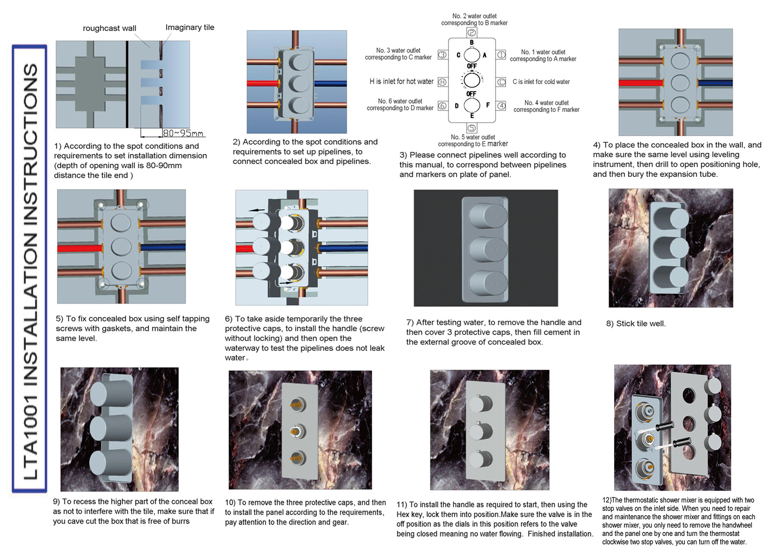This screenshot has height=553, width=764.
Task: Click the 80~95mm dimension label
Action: click(x=183, y=133)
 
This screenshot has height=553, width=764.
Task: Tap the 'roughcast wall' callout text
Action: click(x=110, y=28)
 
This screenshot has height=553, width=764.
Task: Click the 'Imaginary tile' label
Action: click(x=189, y=27)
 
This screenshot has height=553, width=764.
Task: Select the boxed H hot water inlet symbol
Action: click(x=442, y=82)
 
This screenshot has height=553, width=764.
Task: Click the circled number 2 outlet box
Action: click(x=472, y=33)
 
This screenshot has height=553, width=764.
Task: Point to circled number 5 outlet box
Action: click(x=472, y=128)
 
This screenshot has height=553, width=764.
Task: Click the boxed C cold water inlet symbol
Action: click(x=501, y=82)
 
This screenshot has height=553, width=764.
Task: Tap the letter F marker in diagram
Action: click(x=488, y=105)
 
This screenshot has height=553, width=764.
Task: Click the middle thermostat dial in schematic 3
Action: click(x=472, y=80)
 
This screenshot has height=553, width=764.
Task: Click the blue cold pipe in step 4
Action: click(x=715, y=83)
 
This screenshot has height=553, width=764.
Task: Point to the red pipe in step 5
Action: click(x=80, y=248)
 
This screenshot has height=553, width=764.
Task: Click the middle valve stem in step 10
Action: click(x=297, y=431)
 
